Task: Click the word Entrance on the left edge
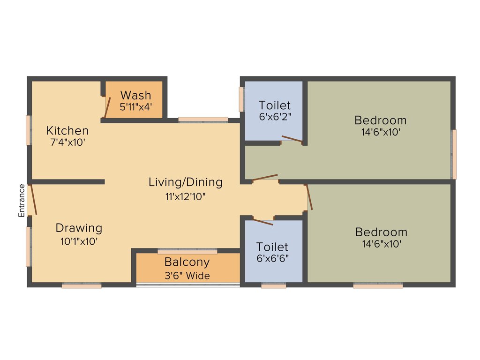[x=22, y=201]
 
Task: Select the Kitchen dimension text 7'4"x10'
[x=67, y=142]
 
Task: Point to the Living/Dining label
[x=186, y=182]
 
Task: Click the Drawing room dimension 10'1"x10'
[x=78, y=241]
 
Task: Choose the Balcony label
[x=187, y=262]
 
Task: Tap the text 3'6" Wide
[x=187, y=276]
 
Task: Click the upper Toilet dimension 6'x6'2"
[x=275, y=117]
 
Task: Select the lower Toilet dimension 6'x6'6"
[x=272, y=258]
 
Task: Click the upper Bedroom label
[x=380, y=120]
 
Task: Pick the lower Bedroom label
[x=381, y=232]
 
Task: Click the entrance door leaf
[x=32, y=200]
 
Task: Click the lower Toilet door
[x=263, y=221]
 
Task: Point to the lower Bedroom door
[x=309, y=197]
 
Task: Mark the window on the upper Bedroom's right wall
[x=454, y=154]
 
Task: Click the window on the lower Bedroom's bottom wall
[x=378, y=285]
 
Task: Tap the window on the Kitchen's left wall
[x=29, y=130]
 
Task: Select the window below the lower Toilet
[x=273, y=285]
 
